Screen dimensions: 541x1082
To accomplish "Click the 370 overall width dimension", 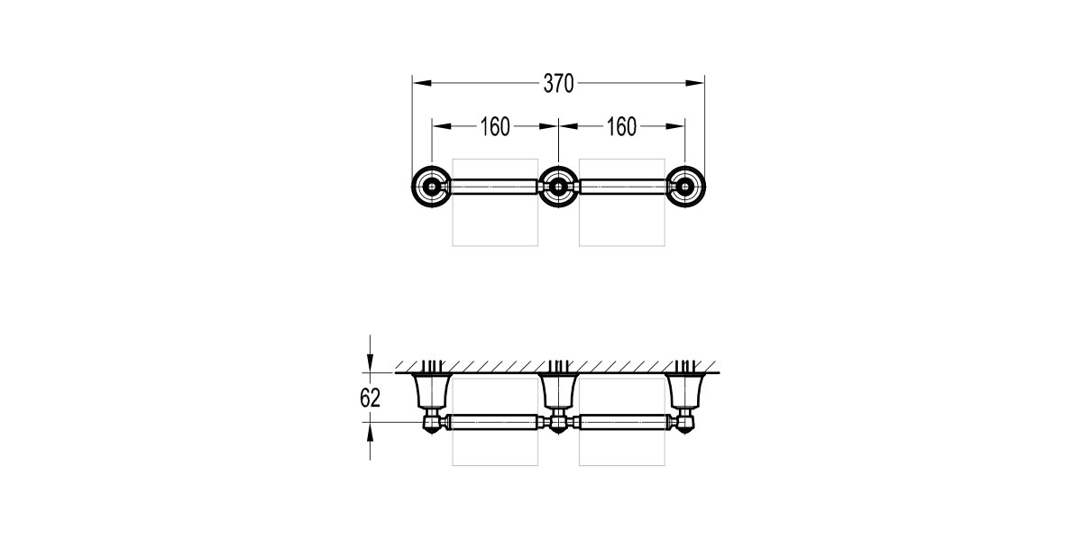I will [558, 84].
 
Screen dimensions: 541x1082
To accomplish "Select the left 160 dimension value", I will [495, 127].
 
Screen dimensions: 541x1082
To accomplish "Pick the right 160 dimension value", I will [621, 127].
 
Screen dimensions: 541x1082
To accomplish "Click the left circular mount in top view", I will [432, 188].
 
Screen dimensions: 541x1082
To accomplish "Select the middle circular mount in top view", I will [558, 188].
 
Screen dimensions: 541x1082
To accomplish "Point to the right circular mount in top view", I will [685, 188].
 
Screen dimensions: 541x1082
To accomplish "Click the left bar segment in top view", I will [494, 188].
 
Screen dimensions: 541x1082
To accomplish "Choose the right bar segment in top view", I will [621, 188].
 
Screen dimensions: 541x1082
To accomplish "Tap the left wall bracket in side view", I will [432, 390].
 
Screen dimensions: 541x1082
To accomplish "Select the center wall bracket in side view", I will [558, 390].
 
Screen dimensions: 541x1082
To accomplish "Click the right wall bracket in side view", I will [685, 390].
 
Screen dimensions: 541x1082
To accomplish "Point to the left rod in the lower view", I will [494, 421].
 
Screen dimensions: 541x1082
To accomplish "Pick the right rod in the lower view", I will [621, 421].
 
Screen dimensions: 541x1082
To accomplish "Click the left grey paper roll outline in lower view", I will [494, 451].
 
